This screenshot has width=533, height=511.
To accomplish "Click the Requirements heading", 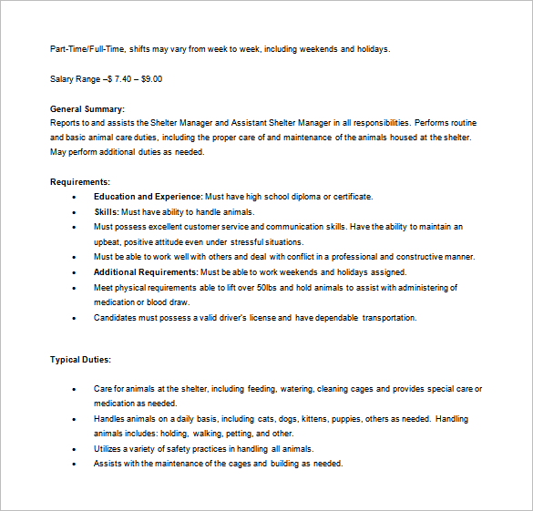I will click(80, 181).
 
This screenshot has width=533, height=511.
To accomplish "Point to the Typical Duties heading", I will click(80, 360).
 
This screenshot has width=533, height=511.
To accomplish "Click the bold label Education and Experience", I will click(148, 197).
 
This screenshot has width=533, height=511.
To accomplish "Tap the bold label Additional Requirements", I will click(146, 272).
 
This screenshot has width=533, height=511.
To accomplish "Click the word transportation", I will click(389, 318).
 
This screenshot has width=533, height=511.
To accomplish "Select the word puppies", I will click(356, 419).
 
